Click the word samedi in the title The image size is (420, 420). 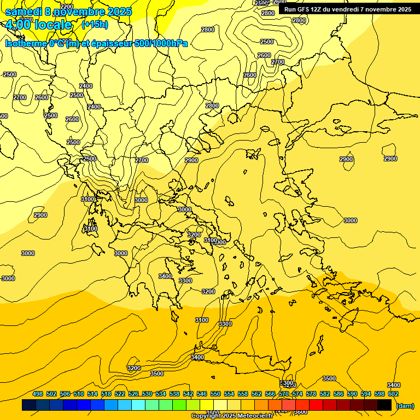(x=24, y=11)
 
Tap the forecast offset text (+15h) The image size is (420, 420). (x=95, y=25)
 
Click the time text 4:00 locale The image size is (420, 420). (x=38, y=25)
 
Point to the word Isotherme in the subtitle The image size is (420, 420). (x=25, y=43)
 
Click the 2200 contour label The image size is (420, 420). (x=67, y=7)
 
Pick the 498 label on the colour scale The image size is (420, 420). (x=38, y=394)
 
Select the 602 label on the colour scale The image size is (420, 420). (x=393, y=394)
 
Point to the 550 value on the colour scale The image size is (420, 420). (x=215, y=394)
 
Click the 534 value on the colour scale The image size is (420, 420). (x=161, y=394)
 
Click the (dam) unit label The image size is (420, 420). (x=405, y=405)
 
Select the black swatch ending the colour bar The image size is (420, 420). (x=384, y=405)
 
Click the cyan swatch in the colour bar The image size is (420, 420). (x=138, y=405)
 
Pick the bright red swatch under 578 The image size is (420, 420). (x=316, y=405)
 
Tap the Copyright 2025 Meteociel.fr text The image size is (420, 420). (x=232, y=416)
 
